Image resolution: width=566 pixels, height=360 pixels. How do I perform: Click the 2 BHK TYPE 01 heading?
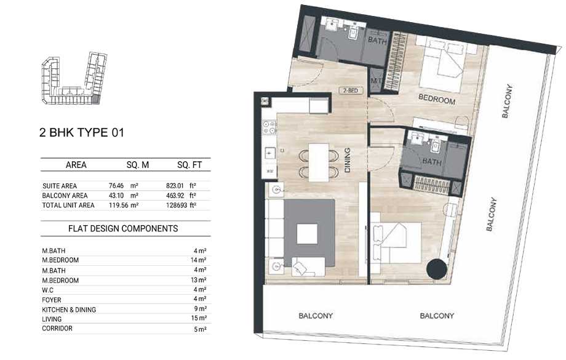[81, 132]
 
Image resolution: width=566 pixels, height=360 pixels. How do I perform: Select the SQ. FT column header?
[190, 165]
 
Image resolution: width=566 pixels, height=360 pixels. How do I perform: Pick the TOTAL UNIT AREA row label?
[69, 205]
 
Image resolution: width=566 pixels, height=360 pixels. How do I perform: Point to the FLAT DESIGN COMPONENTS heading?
[123, 228]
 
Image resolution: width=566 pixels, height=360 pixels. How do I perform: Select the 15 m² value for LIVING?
[199, 319]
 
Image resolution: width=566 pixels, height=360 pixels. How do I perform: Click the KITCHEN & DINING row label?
[70, 310]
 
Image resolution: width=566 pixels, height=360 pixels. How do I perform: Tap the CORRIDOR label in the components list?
[58, 329]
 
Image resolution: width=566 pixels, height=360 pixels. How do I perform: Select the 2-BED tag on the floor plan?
[350, 90]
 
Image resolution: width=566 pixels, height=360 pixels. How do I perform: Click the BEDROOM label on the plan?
[437, 100]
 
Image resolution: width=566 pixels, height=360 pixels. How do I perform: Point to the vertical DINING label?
[347, 159]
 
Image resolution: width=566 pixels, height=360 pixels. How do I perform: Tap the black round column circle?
[437, 270]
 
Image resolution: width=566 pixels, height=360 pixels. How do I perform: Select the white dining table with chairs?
[319, 162]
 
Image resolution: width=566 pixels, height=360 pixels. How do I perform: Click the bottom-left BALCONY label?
[316, 316]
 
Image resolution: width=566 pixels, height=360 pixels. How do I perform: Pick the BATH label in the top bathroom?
[377, 41]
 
